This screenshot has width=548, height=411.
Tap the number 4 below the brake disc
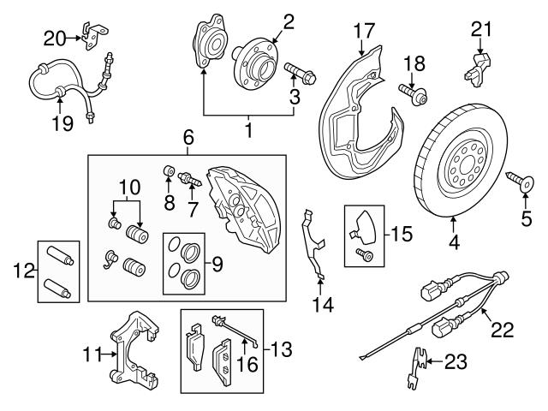tap(454, 242)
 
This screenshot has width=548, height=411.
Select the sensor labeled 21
tap(479, 63)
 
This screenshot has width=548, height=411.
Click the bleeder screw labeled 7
tap(190, 182)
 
